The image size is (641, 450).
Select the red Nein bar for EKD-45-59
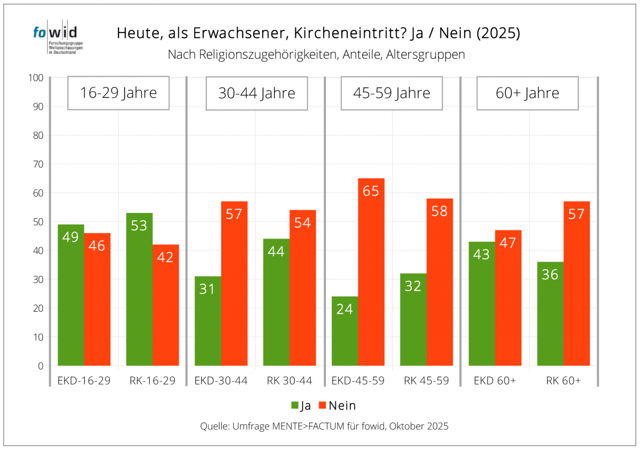[371, 272]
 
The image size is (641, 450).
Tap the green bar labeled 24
[345, 331]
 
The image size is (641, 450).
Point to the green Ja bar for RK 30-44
[276, 302]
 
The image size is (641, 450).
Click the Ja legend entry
[301, 406]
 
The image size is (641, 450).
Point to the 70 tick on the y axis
[37, 164]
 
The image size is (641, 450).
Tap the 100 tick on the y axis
[35, 77]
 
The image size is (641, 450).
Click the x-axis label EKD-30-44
[221, 381]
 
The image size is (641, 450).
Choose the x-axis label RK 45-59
[426, 381]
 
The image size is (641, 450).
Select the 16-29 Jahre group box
[119, 93]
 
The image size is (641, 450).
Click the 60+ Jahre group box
[527, 93]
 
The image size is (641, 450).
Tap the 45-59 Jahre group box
[392, 93]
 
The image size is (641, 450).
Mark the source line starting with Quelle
[324, 426]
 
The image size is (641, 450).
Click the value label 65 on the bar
[371, 191]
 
